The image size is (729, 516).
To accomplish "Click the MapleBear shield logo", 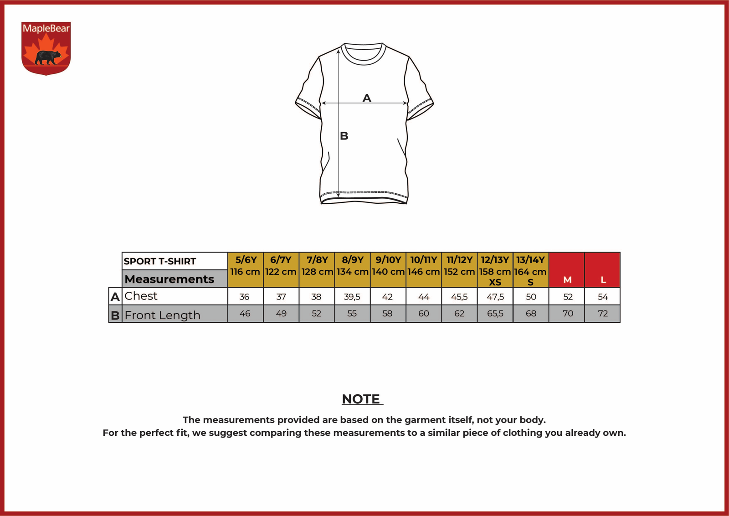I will click(x=46, y=48).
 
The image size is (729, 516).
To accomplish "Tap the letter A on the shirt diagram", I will click(x=367, y=98).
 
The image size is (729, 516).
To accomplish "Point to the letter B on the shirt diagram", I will click(x=344, y=136).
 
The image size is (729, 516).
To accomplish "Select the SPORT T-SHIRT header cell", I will click(x=175, y=261).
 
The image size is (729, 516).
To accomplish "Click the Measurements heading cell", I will click(x=175, y=279).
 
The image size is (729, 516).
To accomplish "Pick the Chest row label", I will click(x=141, y=296).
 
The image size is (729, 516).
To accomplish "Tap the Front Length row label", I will click(x=162, y=315).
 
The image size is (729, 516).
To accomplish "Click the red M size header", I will click(x=567, y=270).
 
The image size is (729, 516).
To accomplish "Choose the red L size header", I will click(x=602, y=270).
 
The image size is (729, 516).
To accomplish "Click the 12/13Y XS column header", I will click(x=495, y=270).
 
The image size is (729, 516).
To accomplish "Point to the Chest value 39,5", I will click(x=352, y=297).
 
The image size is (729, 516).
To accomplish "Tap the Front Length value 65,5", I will click(x=495, y=314).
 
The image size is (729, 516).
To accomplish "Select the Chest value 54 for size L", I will click(x=603, y=297).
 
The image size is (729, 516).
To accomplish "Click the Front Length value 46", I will click(x=245, y=314).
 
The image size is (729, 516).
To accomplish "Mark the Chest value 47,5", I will click(x=495, y=297).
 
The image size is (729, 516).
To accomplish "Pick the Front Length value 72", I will click(x=603, y=314).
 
